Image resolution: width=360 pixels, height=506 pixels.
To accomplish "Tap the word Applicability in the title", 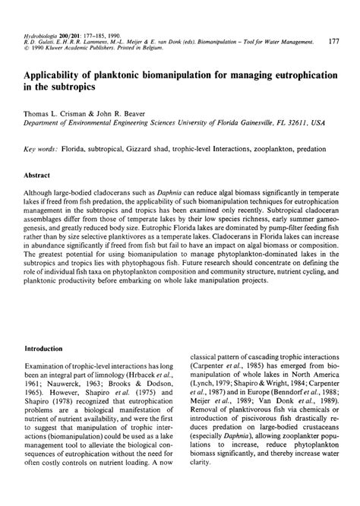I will pos(58,77).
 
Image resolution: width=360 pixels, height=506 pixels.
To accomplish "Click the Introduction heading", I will pos(48,348).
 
